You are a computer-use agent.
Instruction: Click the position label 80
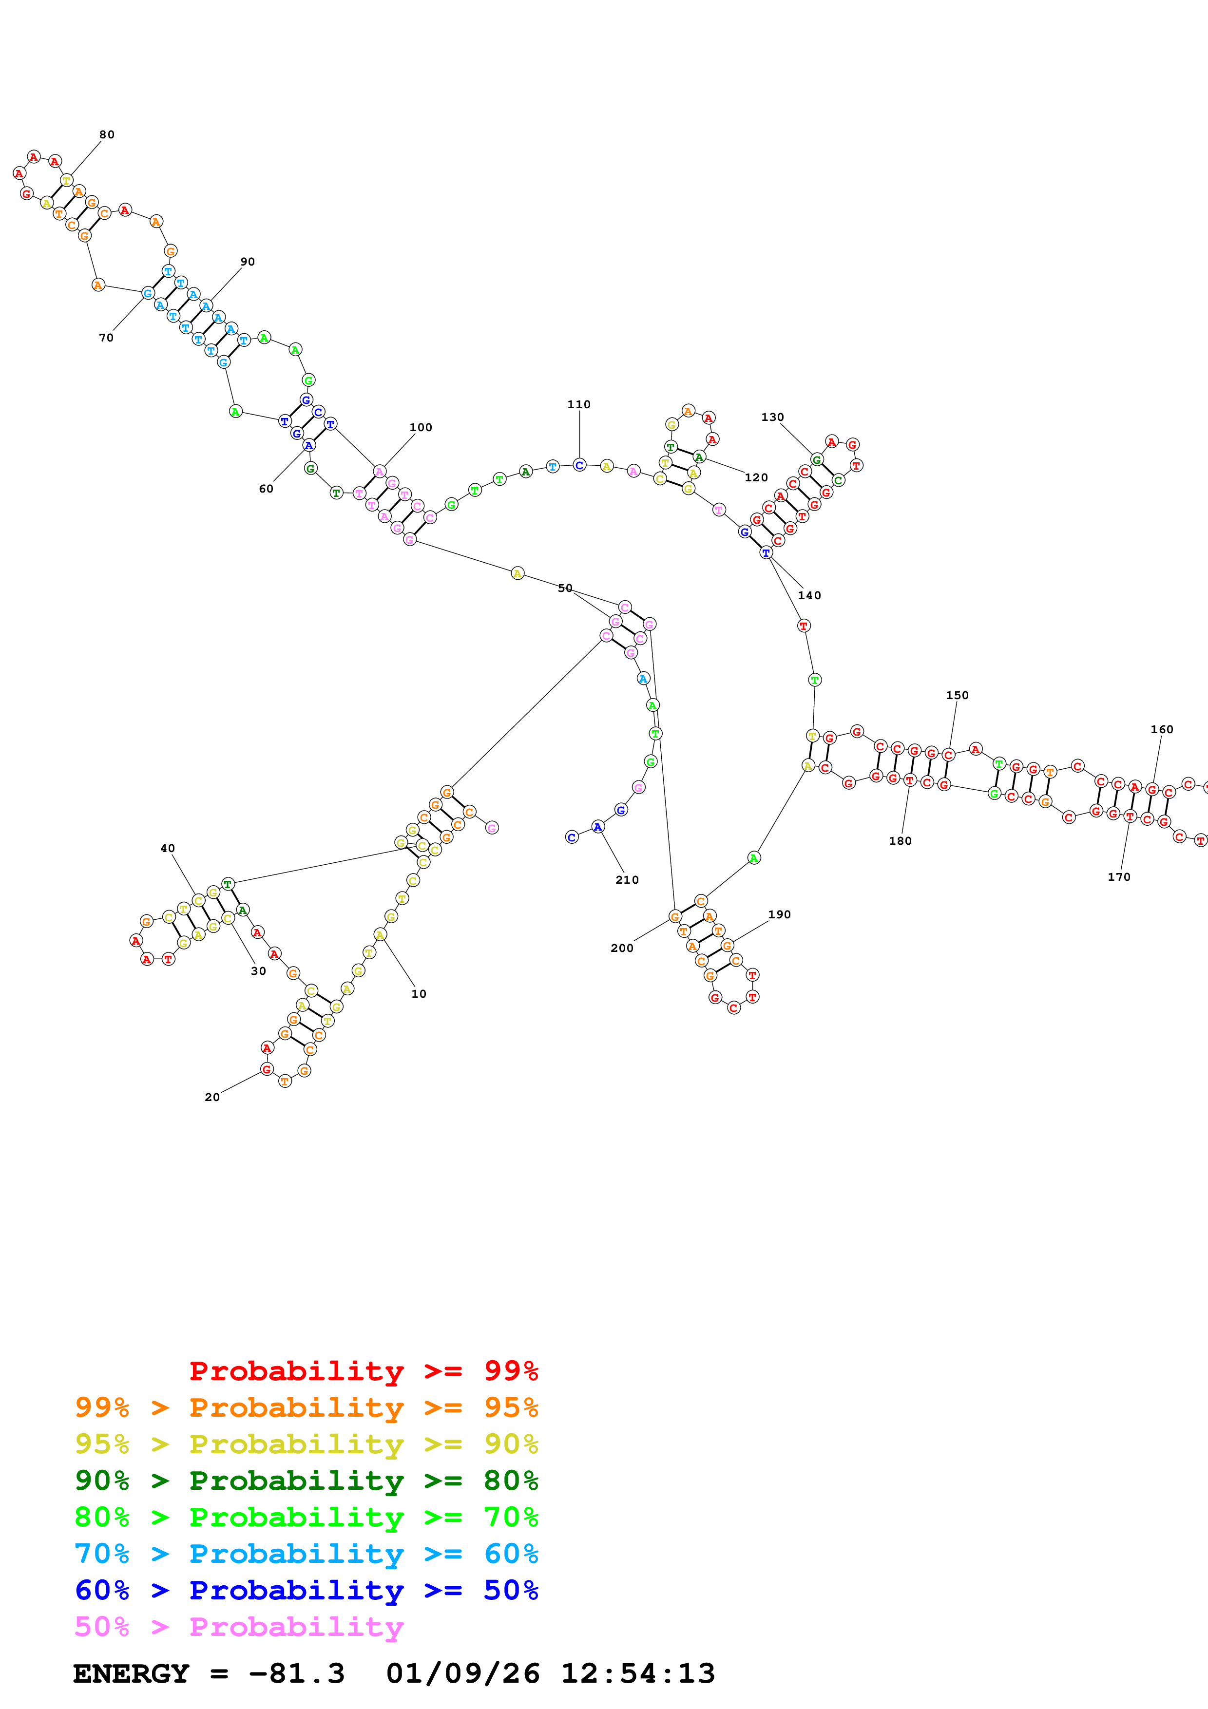pyautogui.click(x=107, y=135)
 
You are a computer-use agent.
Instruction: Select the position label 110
pyautogui.click(x=579, y=404)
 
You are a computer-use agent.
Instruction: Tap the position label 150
pyautogui.click(x=957, y=695)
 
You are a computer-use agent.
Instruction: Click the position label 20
pyautogui.click(x=212, y=1097)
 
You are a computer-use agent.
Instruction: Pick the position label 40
pyautogui.click(x=168, y=849)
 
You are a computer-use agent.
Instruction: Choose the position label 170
pyautogui.click(x=1119, y=877)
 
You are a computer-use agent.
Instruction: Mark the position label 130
pyautogui.click(x=772, y=418)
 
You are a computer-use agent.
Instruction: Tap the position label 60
pyautogui.click(x=266, y=489)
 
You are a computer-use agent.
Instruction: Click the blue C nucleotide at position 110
pyautogui.click(x=579, y=465)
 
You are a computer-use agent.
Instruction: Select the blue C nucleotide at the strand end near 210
pyautogui.click(x=572, y=837)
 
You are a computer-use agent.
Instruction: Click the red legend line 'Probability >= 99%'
pyautogui.click(x=363, y=1371)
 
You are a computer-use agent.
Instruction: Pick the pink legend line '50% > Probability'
pyautogui.click(x=239, y=1626)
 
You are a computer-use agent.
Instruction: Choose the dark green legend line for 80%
pyautogui.click(x=306, y=1481)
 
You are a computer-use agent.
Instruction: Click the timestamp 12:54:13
pyautogui.click(x=638, y=1673)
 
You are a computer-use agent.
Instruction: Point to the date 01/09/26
pyautogui.click(x=463, y=1673)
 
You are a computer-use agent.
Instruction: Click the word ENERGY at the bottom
pyautogui.click(x=131, y=1673)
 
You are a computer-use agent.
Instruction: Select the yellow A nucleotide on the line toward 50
pyautogui.click(x=518, y=573)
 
